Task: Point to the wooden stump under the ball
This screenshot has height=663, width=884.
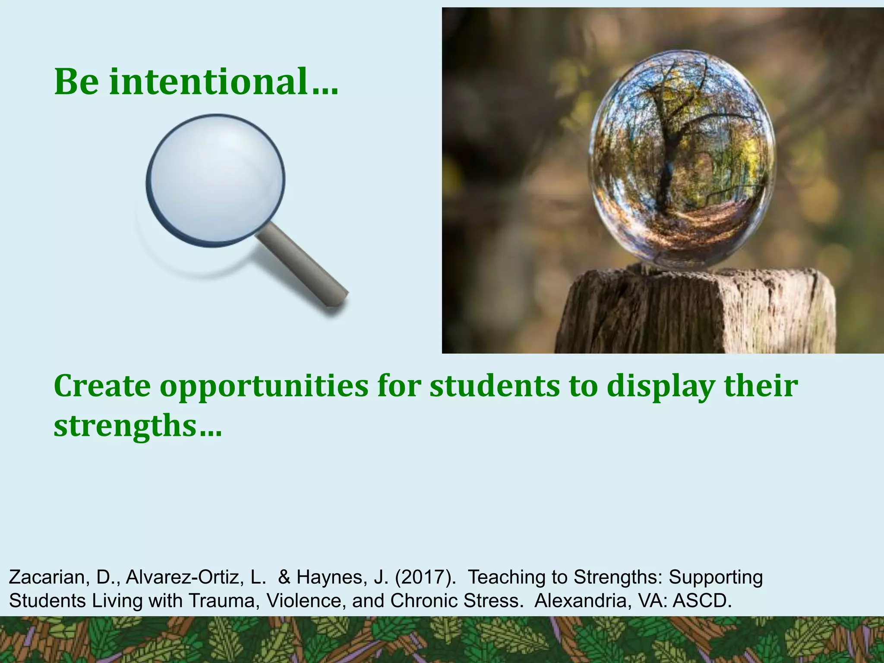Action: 695,313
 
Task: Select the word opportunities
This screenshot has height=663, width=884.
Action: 264,386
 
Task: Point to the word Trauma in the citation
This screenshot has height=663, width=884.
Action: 221,600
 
